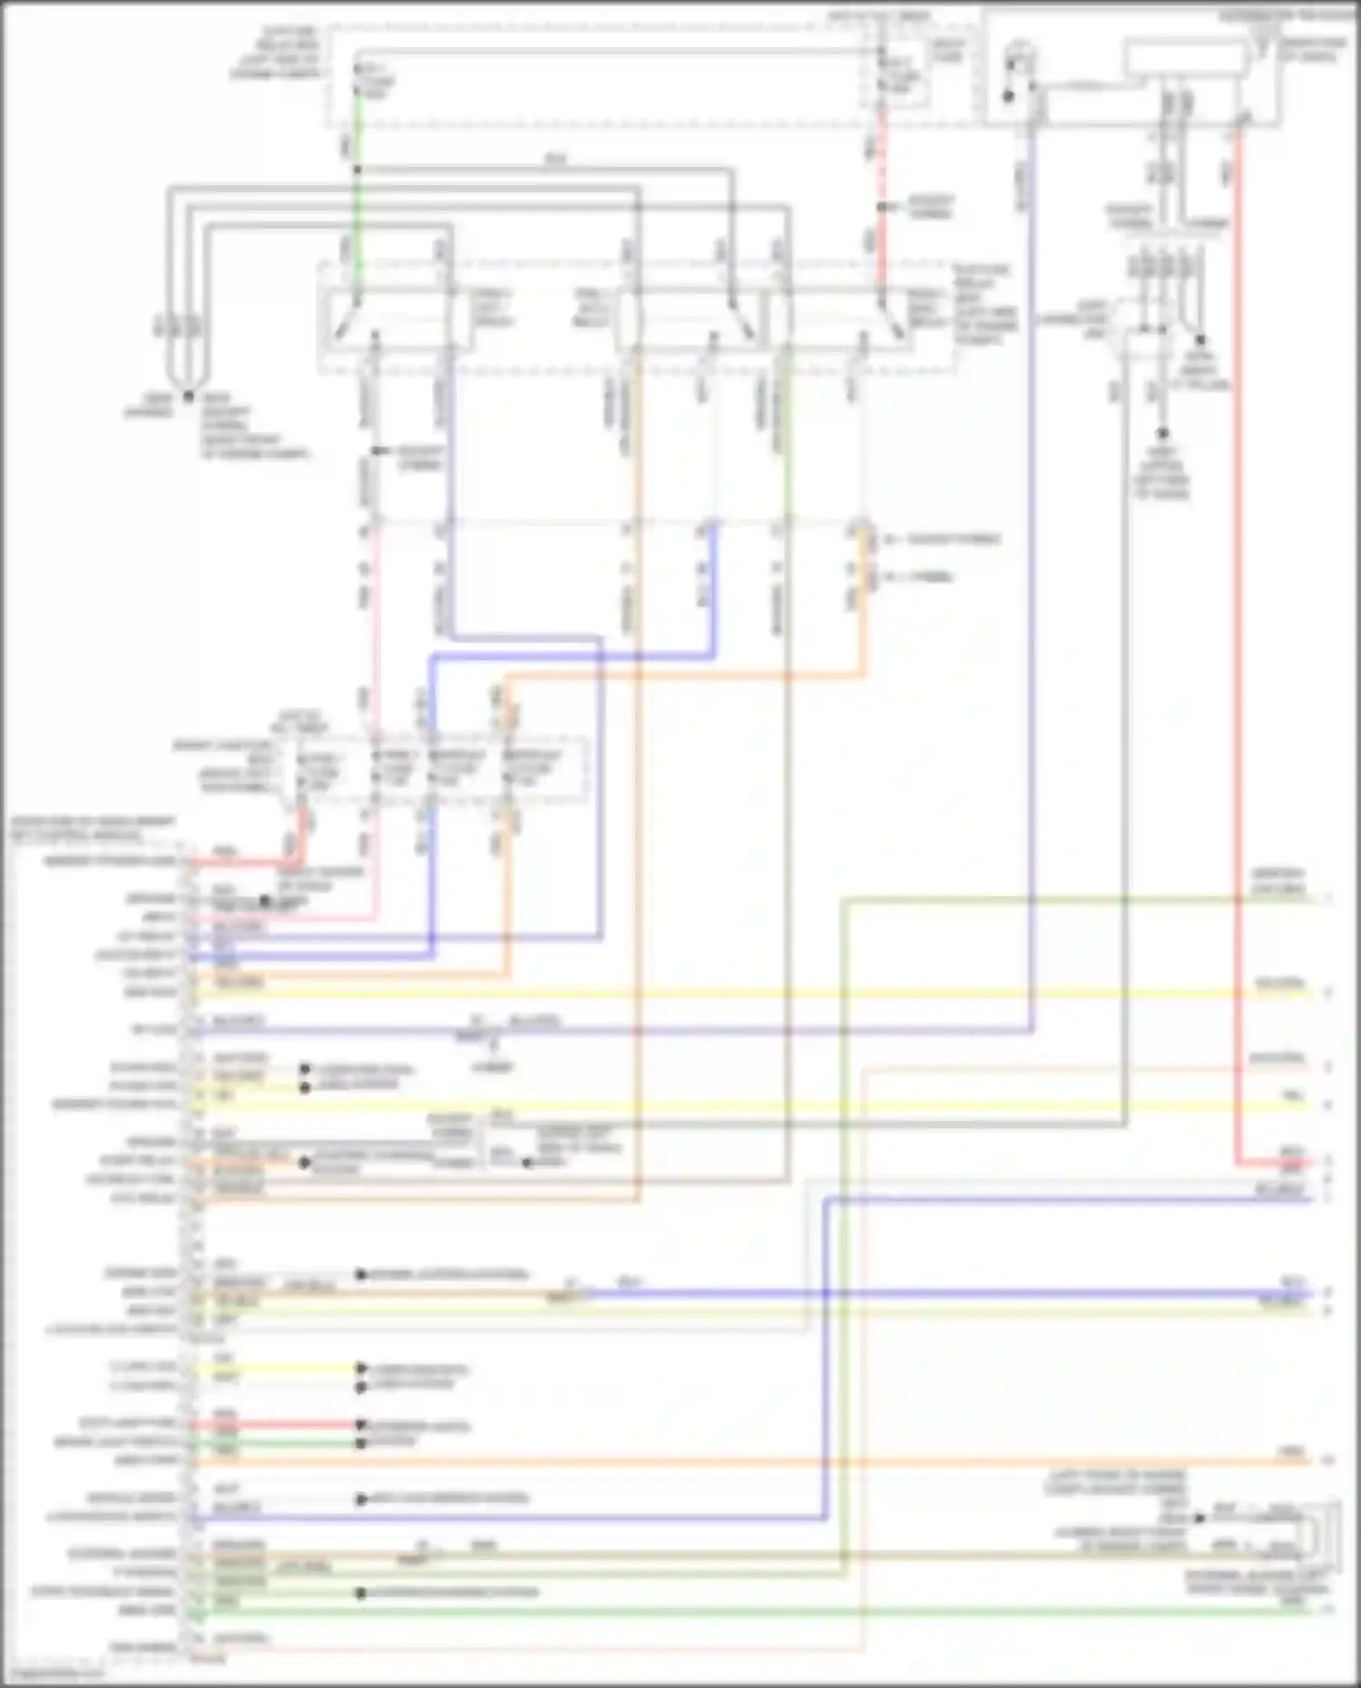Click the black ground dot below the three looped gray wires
(188, 396)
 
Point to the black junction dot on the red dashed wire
(880, 207)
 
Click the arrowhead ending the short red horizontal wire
(361, 1425)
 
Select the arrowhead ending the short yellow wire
(361, 1368)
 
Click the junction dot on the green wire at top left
(357, 170)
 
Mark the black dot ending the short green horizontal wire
(361, 1442)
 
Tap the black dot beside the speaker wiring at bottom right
(1199, 1517)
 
